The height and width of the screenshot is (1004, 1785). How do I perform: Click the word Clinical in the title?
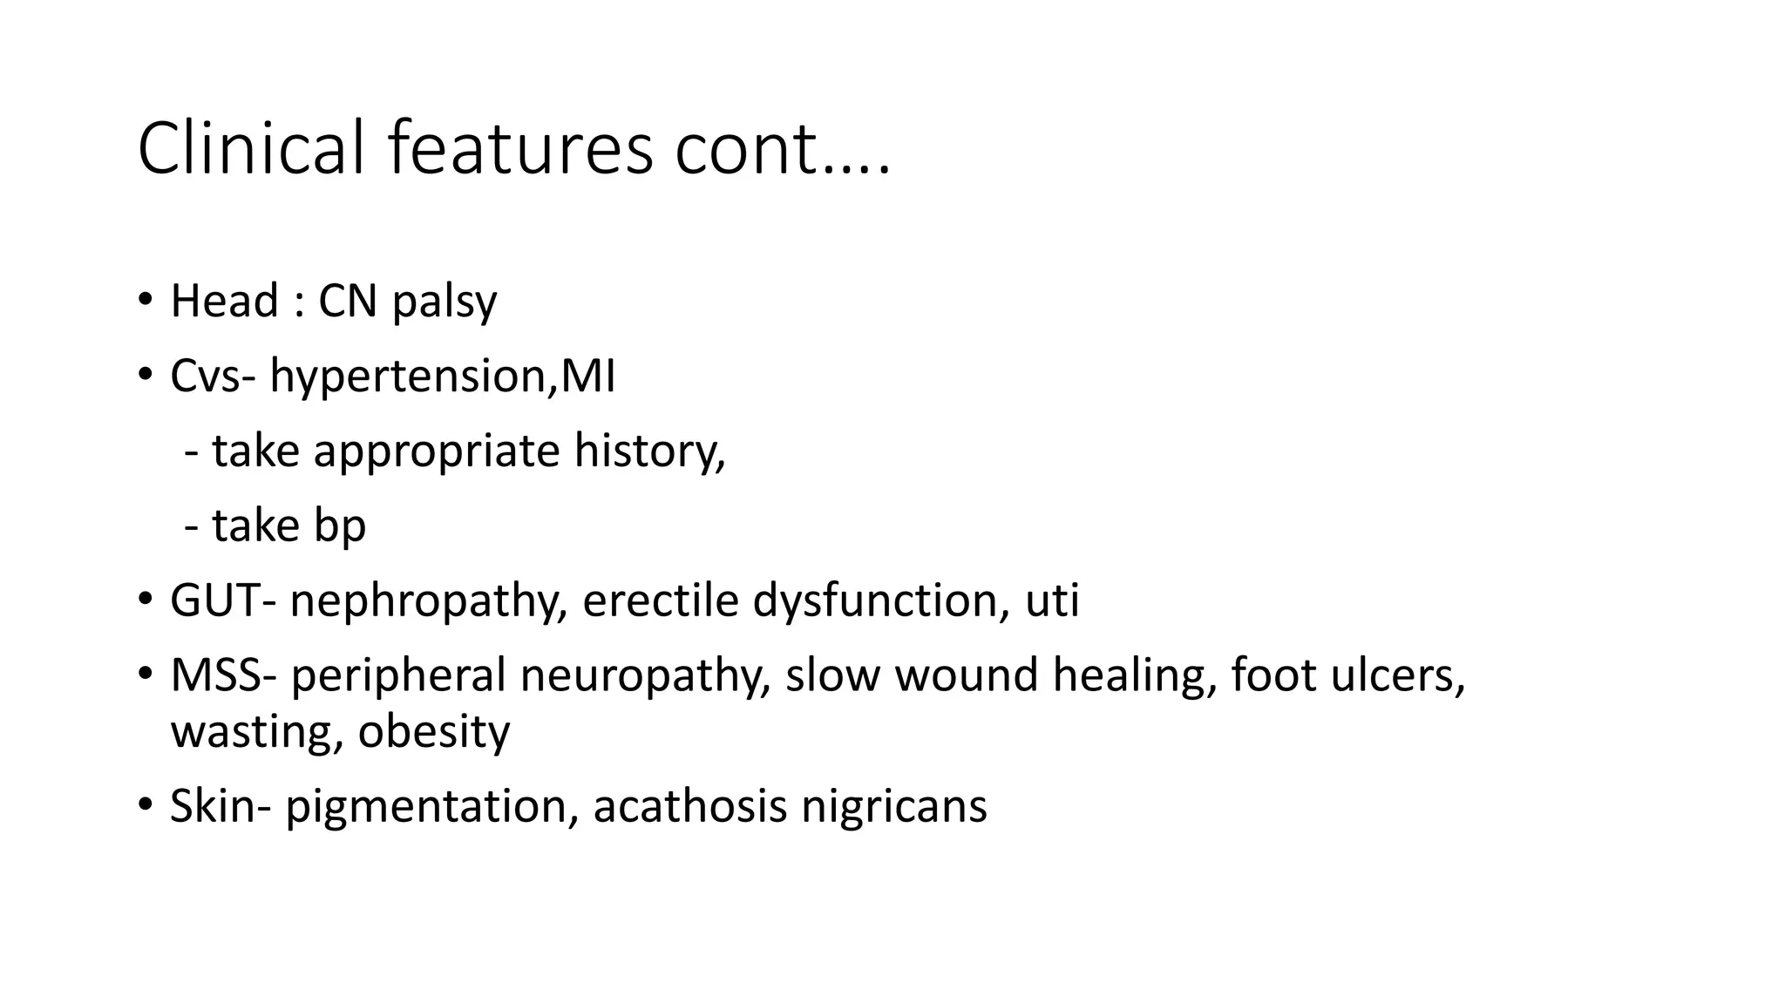pyautogui.click(x=250, y=148)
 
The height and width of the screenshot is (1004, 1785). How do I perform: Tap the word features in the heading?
pyautogui.click(x=519, y=148)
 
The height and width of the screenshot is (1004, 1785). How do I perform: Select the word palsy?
pyautogui.click(x=445, y=302)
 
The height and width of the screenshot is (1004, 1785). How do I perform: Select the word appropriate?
pyautogui.click(x=436, y=451)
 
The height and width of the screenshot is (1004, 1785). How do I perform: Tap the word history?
pyautogui.click(x=648, y=451)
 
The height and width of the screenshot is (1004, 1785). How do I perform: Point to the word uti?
pyautogui.click(x=1052, y=600)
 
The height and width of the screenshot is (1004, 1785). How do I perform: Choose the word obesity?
pyautogui.click(x=433, y=731)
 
